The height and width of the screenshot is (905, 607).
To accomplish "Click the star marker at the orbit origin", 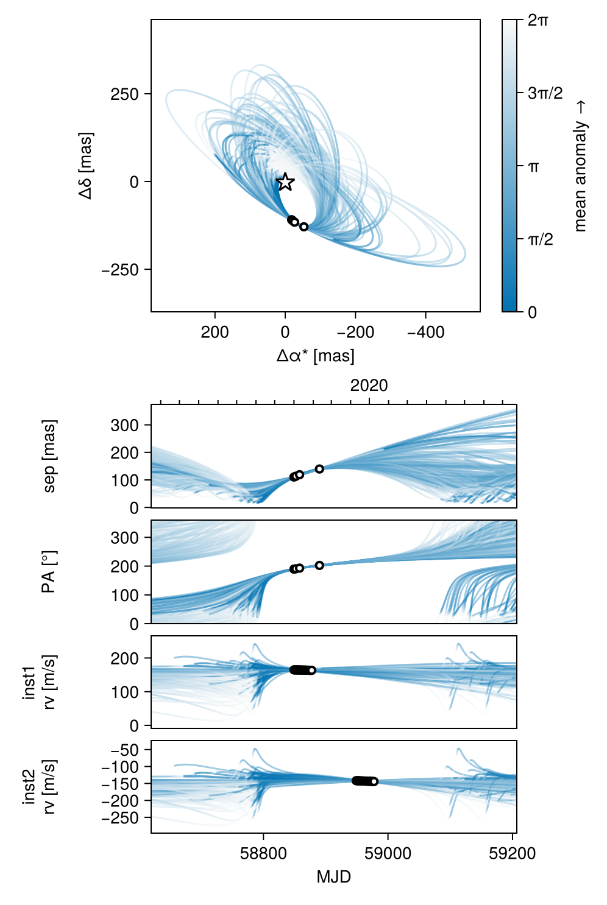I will coord(285,182).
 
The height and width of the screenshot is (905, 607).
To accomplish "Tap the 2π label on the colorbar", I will coord(538,21).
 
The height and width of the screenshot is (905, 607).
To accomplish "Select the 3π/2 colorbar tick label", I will coord(545,93).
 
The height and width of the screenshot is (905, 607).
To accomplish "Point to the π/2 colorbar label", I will coord(540,239).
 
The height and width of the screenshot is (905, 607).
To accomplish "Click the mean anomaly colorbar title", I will coord(580,166).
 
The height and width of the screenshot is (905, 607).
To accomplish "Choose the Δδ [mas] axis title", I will coord(86,166).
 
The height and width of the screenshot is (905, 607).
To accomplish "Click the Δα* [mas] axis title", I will coord(315,356).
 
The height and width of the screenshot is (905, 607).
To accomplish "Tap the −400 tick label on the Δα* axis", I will coord(425,333).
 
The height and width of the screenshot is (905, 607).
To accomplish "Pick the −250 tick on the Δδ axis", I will coord(120,270).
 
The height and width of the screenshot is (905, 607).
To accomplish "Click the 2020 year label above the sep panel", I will coord(369,386).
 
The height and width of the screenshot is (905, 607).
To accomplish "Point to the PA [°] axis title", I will coord(49,572).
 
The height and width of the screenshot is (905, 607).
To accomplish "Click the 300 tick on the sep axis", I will coord(124,425).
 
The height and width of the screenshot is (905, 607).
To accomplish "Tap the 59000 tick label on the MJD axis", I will coord(388,854).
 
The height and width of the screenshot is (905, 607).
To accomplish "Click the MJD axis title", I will coord(333,877).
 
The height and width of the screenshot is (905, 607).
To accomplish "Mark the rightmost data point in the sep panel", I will coord(319,469).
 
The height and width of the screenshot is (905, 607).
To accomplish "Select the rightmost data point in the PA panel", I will coord(319,565).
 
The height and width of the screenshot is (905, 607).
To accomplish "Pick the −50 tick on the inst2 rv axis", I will coord(127,750).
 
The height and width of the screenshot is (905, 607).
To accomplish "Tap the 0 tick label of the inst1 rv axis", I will coord(134,725).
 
